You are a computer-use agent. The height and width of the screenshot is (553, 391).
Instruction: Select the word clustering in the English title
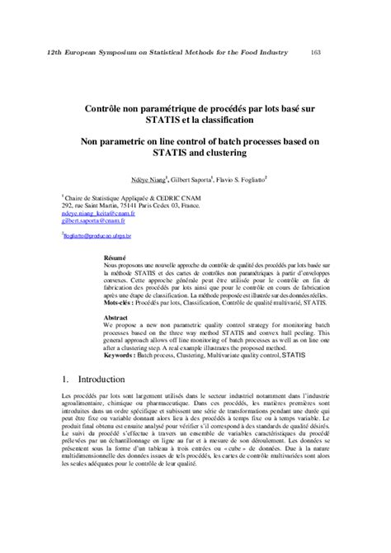(x=243, y=153)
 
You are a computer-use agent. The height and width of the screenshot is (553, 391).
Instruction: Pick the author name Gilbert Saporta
(x=192, y=178)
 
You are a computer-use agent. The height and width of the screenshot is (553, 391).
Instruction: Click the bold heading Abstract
(x=116, y=317)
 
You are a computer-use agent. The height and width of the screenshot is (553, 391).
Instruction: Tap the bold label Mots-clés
(x=120, y=302)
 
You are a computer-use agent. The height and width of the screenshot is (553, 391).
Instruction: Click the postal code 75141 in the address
(x=148, y=205)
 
